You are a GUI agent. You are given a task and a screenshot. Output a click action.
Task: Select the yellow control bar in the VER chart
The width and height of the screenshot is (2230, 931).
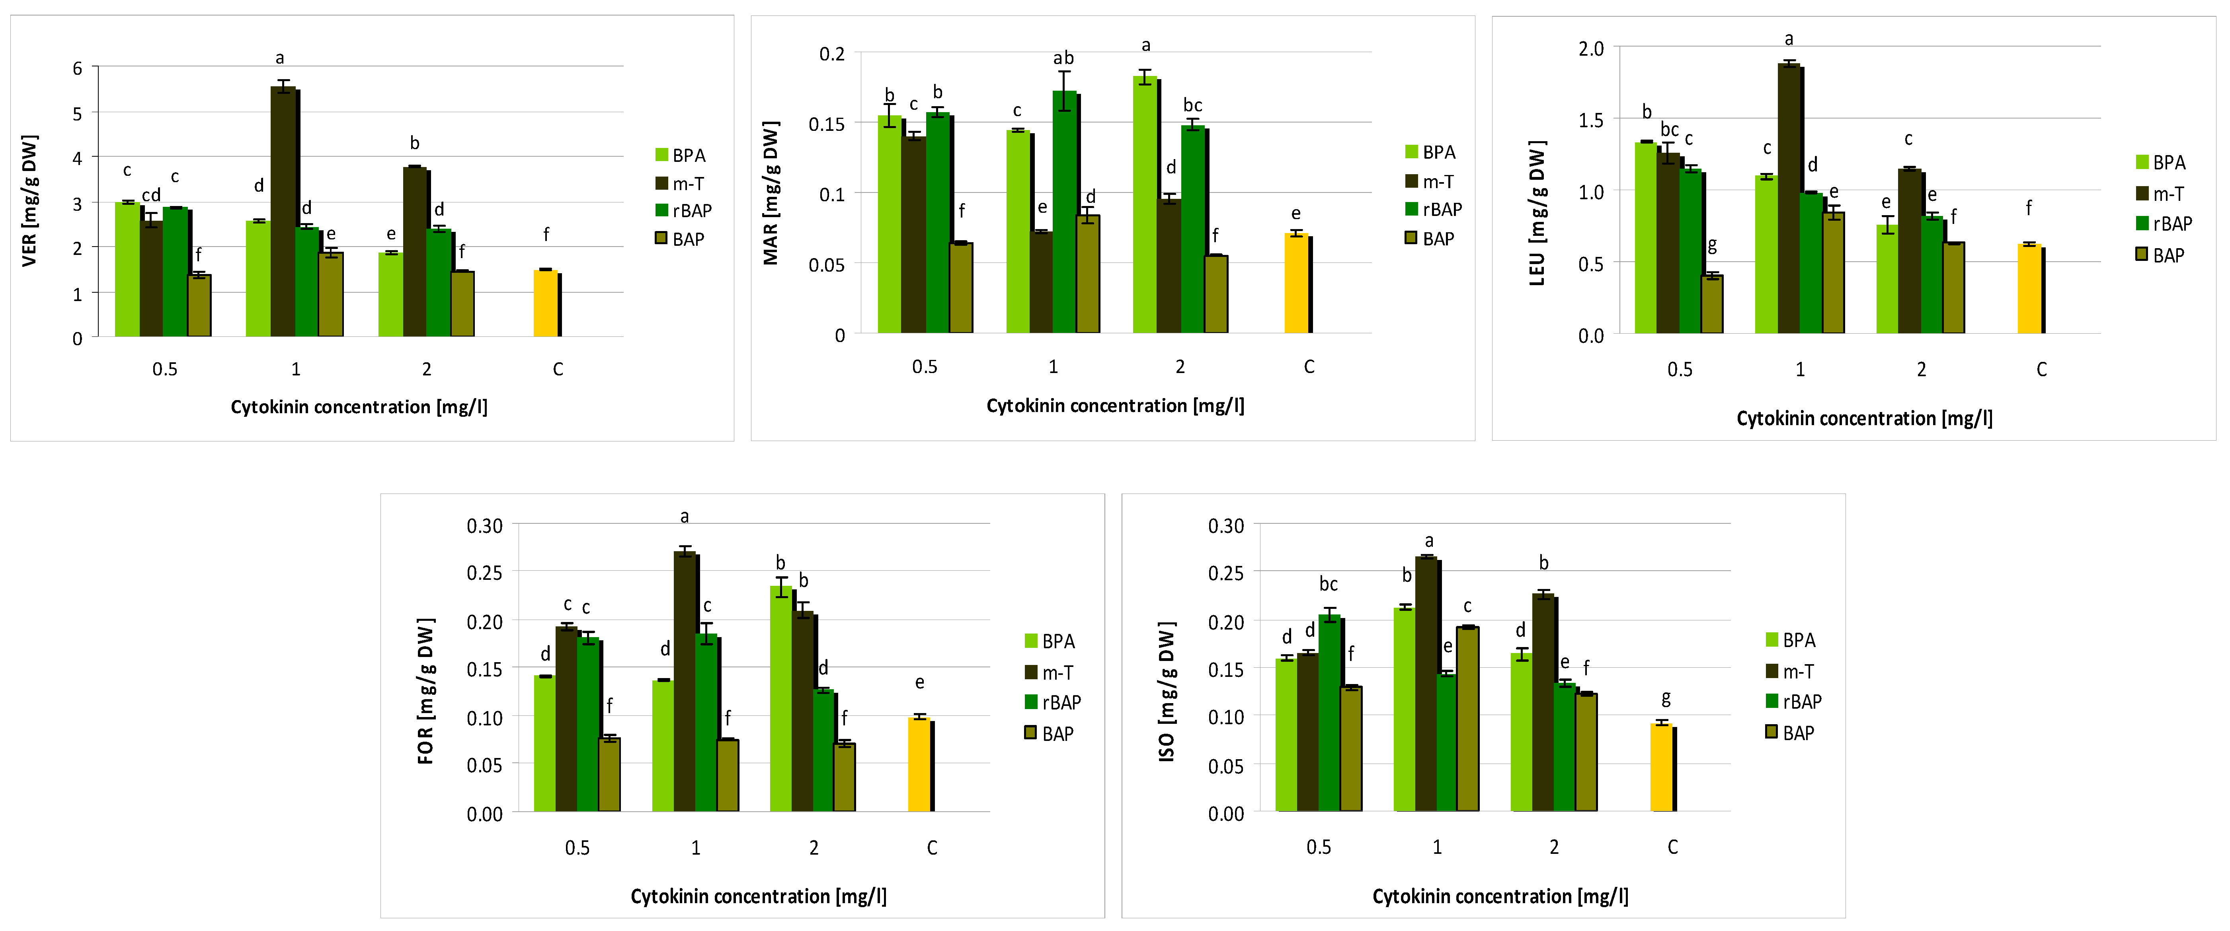545,303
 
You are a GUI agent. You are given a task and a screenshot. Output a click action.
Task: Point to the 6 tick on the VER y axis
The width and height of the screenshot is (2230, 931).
78,68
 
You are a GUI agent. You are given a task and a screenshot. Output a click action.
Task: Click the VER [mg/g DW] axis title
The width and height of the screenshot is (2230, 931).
29,201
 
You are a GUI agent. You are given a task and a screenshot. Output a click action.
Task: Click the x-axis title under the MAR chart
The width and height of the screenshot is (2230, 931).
1115,406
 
